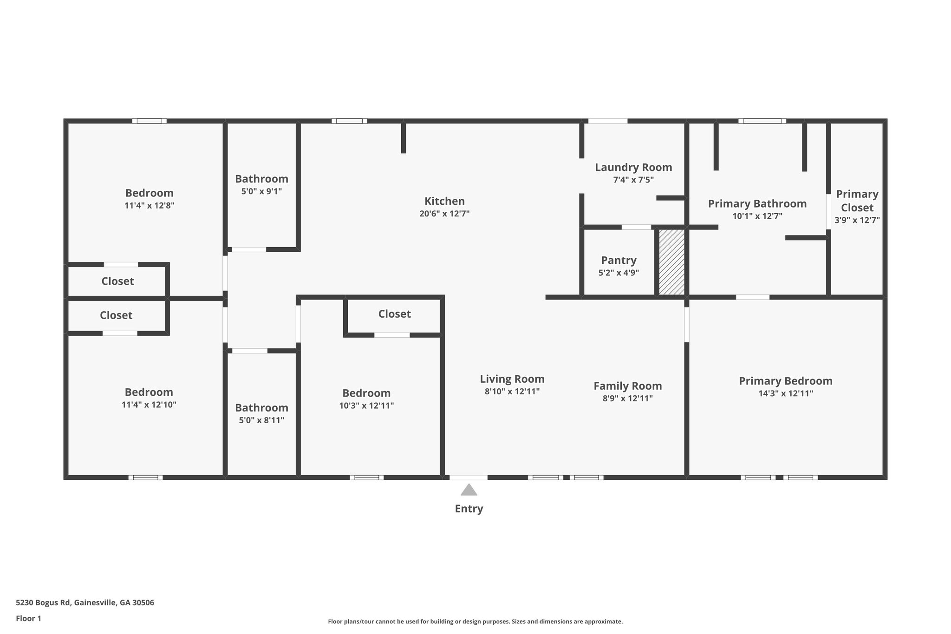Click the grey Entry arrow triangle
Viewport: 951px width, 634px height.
tap(469, 490)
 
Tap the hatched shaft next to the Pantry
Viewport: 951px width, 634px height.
tap(671, 262)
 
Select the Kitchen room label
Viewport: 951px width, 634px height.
tap(444, 201)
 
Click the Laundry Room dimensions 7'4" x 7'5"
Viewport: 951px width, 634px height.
tap(633, 180)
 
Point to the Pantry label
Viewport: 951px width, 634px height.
tap(619, 260)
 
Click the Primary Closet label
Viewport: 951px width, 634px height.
tap(857, 201)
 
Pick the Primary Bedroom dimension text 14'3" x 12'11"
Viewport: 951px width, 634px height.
tap(785, 393)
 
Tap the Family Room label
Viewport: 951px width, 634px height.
tap(627, 386)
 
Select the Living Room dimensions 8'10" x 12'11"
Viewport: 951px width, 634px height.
tap(512, 391)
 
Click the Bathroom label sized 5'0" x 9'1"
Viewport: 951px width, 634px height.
tap(261, 179)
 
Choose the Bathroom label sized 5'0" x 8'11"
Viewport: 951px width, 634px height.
tap(261, 408)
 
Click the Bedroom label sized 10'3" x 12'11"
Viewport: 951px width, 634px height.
tap(366, 393)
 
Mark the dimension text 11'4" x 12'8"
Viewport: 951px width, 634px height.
tap(149, 205)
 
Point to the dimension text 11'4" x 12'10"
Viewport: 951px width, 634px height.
tap(149, 405)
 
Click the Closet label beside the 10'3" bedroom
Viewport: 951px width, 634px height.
tap(394, 314)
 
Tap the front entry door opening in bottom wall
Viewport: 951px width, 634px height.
tap(469, 477)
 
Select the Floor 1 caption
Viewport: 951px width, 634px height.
tap(28, 618)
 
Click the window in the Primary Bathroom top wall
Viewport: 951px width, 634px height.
tap(762, 121)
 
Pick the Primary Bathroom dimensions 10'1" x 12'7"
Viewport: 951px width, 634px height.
tap(757, 216)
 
